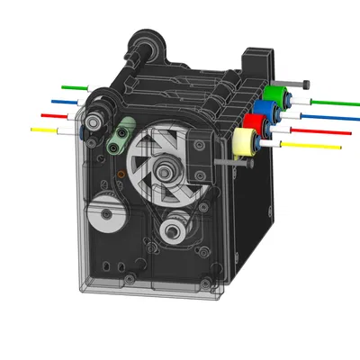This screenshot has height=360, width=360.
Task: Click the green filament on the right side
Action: click(328, 102)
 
